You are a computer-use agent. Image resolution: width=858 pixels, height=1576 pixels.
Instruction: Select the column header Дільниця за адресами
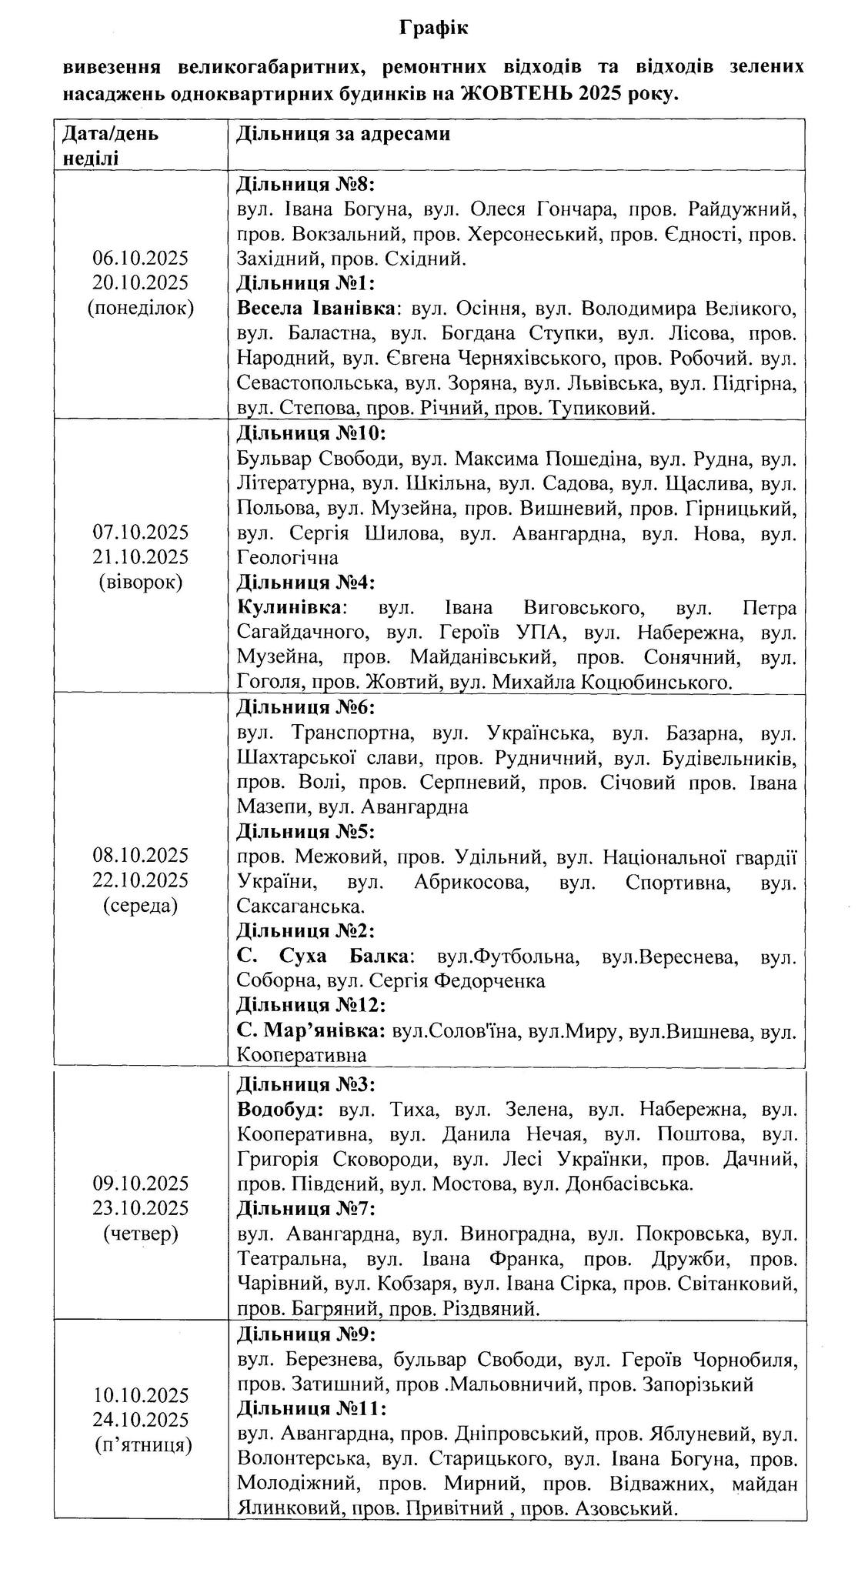click(343, 134)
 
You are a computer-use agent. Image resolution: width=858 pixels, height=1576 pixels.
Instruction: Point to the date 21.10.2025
click(141, 557)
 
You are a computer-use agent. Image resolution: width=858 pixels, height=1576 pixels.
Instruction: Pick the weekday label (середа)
click(141, 904)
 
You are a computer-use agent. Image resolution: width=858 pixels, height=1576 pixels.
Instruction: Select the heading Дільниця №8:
click(305, 184)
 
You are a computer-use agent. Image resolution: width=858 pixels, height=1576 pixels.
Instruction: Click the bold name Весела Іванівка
click(317, 309)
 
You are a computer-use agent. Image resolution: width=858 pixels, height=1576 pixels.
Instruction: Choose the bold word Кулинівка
click(290, 607)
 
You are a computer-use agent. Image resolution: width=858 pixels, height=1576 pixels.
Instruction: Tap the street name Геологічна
click(288, 556)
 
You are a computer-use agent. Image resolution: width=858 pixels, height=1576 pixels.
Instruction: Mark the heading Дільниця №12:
click(311, 1005)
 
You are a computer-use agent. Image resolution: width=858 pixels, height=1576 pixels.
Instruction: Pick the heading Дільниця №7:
click(305, 1208)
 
